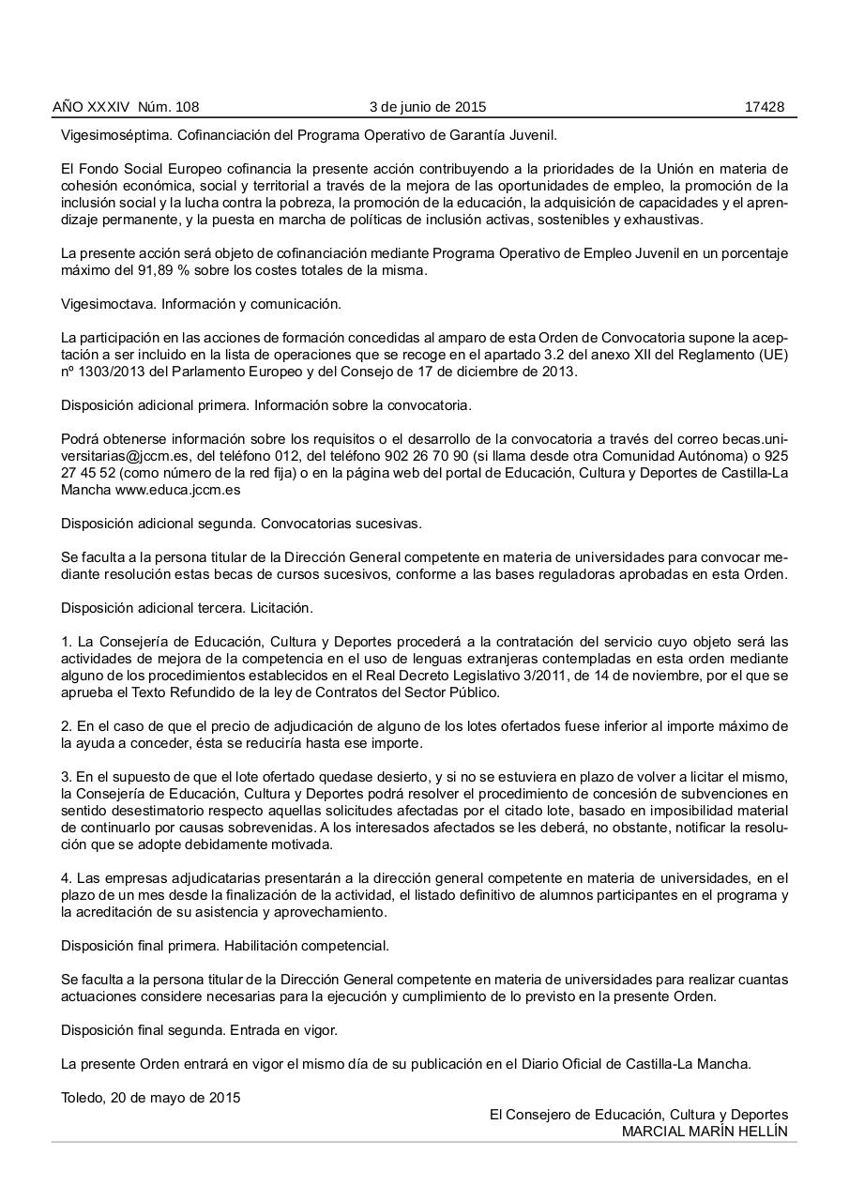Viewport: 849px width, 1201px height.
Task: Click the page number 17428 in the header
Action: pyautogui.click(x=764, y=107)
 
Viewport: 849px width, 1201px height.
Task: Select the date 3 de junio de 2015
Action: pyautogui.click(x=428, y=107)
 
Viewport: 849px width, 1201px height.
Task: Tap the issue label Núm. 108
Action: pyautogui.click(x=168, y=107)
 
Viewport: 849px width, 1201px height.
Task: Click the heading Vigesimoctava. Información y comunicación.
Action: pyautogui.click(x=201, y=304)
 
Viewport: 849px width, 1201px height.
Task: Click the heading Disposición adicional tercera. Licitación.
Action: pyautogui.click(x=186, y=608)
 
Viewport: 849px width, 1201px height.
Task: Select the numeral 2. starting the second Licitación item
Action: pyautogui.click(x=67, y=726)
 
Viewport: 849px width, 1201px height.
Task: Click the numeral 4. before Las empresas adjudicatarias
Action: pyautogui.click(x=67, y=878)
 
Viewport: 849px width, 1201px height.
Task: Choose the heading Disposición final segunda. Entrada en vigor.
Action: pyautogui.click(x=199, y=1030)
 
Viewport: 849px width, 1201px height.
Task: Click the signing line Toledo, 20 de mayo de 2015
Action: pyautogui.click(x=150, y=1098)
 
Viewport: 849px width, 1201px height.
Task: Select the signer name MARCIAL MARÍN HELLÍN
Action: pyautogui.click(x=705, y=1132)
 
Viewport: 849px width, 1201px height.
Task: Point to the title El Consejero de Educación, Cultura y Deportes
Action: pyautogui.click(x=638, y=1115)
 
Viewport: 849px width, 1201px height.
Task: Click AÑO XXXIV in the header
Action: pyautogui.click(x=91, y=107)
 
